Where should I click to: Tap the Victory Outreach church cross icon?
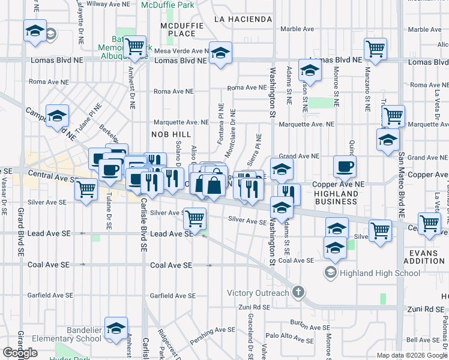298,293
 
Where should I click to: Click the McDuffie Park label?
168,5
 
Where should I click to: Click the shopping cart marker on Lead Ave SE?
194,218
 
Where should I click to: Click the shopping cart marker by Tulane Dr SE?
86,189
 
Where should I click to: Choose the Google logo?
20,353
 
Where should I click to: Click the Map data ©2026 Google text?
412,355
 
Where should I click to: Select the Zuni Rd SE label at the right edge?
427,308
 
